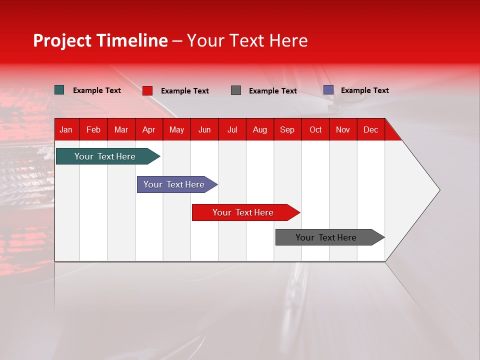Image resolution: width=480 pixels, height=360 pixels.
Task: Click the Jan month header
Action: click(x=66, y=130)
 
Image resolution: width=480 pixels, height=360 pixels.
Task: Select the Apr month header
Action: click(x=148, y=130)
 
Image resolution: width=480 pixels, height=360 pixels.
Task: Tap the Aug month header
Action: click(x=259, y=130)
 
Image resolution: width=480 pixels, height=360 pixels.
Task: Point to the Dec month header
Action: click(x=370, y=130)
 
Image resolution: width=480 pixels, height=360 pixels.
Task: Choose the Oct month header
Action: click(x=315, y=130)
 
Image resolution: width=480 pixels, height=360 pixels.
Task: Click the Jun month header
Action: click(x=204, y=130)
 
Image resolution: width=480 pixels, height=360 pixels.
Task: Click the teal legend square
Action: click(x=59, y=90)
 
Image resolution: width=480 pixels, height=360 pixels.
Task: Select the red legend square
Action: click(x=147, y=90)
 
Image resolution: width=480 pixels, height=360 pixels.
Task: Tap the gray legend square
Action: click(x=236, y=90)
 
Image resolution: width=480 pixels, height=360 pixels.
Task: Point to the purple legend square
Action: click(x=328, y=90)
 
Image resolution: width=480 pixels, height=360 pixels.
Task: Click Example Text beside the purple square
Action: click(x=364, y=90)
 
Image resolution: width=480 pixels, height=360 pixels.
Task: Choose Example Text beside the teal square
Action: click(x=97, y=90)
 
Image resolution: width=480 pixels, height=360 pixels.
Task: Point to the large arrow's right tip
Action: click(x=438, y=190)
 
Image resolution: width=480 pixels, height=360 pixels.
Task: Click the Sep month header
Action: click(x=287, y=130)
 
